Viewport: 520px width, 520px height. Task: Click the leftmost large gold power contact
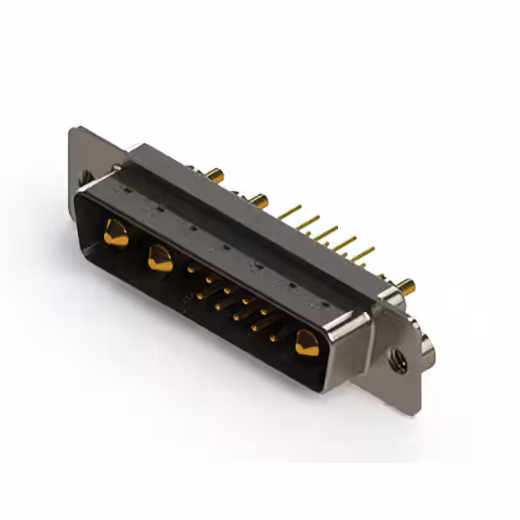point(115,236)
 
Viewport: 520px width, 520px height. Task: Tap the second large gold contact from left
point(159,259)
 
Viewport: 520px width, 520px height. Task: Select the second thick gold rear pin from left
point(258,198)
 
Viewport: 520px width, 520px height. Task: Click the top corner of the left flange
point(73,130)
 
